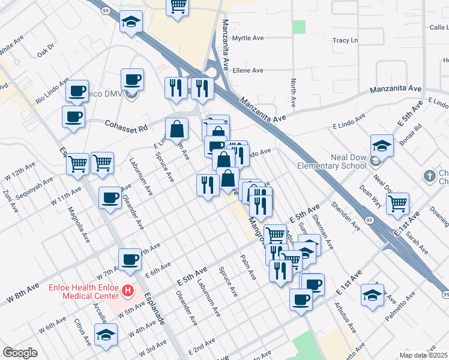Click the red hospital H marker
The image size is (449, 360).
127,291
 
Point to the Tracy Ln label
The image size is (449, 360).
345,40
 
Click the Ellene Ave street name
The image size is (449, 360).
248,70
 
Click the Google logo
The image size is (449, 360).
20,353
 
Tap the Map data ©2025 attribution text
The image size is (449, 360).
423,355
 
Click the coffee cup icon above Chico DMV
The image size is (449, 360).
132,79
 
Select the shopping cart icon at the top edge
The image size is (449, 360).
178,7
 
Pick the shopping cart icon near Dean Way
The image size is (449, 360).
397,204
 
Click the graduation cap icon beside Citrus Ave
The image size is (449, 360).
106,334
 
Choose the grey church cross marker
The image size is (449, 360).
429,176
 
